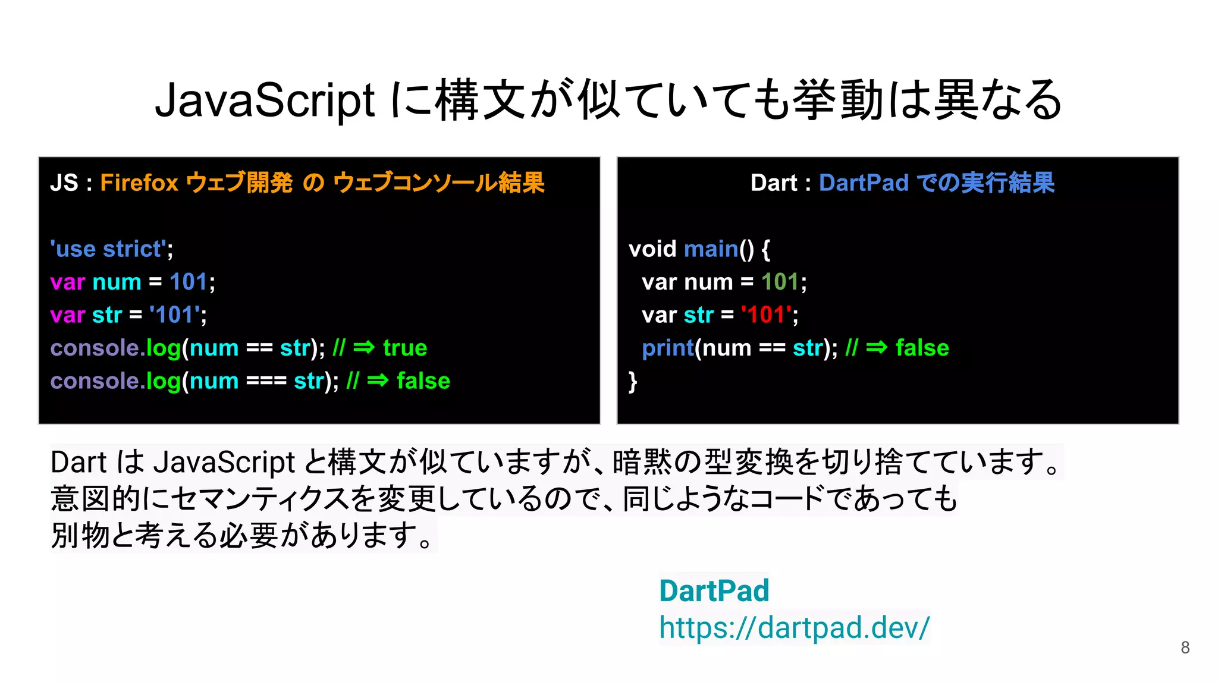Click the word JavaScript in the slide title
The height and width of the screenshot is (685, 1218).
coord(265,100)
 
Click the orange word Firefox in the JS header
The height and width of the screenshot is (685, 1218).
coord(139,183)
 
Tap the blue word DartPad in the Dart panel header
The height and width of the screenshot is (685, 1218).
coord(864,183)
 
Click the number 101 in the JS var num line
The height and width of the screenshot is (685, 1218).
coord(189,282)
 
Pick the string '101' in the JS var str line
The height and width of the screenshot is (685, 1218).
coord(174,315)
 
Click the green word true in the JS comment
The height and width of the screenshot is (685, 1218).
coord(405,348)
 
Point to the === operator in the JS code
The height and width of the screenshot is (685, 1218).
coord(266,381)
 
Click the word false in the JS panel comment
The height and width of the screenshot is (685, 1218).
coord(423,381)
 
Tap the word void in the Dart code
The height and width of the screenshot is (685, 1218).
coord(652,249)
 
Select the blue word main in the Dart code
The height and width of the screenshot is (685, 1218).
coord(711,249)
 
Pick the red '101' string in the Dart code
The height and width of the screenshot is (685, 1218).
coord(766,315)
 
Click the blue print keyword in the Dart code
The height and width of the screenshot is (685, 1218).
coord(668,348)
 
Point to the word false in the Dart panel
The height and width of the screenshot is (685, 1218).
coord(922,348)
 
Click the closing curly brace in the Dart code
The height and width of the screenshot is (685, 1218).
coord(633,381)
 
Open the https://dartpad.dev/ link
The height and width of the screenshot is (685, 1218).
coord(794,627)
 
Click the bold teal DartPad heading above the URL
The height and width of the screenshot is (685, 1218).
coord(714,591)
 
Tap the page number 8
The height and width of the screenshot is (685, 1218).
coord(1185,648)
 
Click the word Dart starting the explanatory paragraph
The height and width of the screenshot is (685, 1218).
coord(78,462)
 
